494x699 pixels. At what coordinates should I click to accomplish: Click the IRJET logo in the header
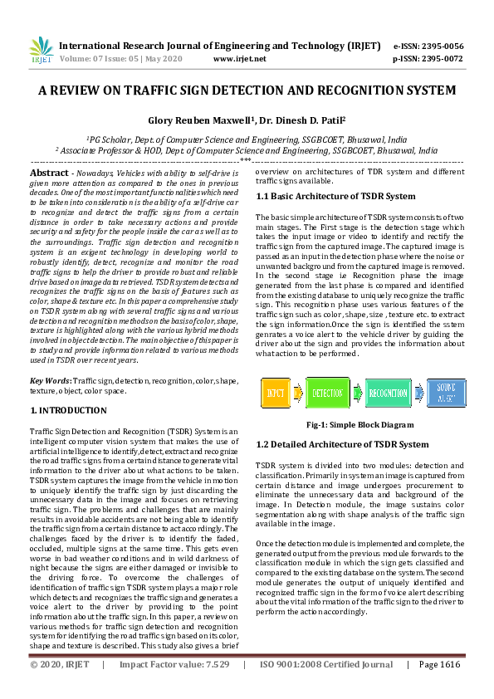click(41, 51)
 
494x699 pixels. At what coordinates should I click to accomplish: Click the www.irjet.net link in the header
click(239, 59)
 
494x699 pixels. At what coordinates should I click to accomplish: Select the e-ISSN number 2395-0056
click(441, 46)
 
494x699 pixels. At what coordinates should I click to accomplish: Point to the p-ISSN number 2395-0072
click(441, 59)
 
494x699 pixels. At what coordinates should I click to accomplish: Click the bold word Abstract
click(49, 171)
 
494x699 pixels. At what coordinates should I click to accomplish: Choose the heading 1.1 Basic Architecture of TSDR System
click(335, 197)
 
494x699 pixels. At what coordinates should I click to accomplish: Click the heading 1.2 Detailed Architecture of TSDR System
click(342, 444)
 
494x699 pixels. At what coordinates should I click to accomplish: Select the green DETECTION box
click(328, 392)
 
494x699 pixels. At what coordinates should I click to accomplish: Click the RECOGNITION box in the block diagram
click(388, 392)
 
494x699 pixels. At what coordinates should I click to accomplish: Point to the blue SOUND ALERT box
click(446, 392)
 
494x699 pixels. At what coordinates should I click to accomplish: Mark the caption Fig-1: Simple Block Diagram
click(359, 424)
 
